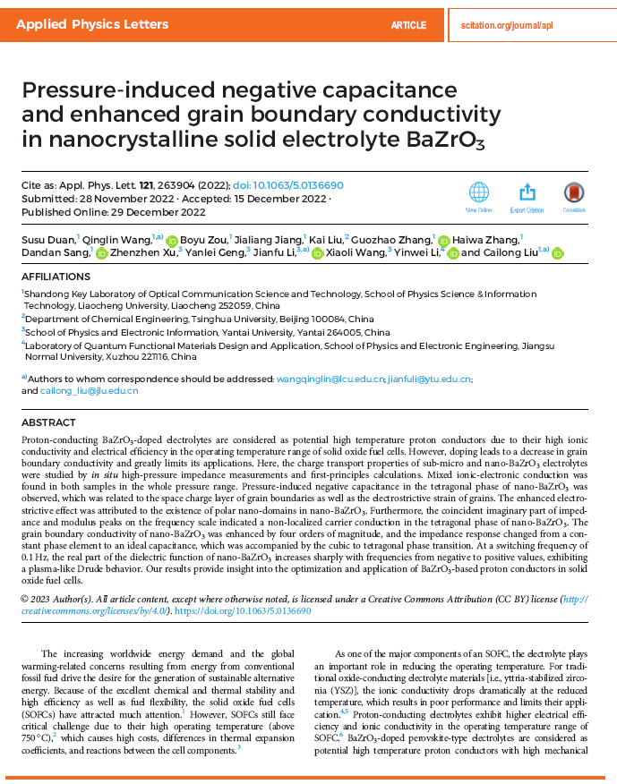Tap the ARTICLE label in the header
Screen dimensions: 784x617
408,25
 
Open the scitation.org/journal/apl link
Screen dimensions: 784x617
507,25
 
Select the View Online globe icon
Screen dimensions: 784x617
479,192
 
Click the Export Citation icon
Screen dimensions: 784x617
527,192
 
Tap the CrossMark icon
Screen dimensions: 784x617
574,192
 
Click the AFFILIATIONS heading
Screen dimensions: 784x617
56,277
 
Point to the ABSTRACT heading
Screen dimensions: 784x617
48,422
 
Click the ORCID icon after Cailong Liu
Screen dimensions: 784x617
557,253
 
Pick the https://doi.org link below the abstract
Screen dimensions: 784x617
243,611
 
